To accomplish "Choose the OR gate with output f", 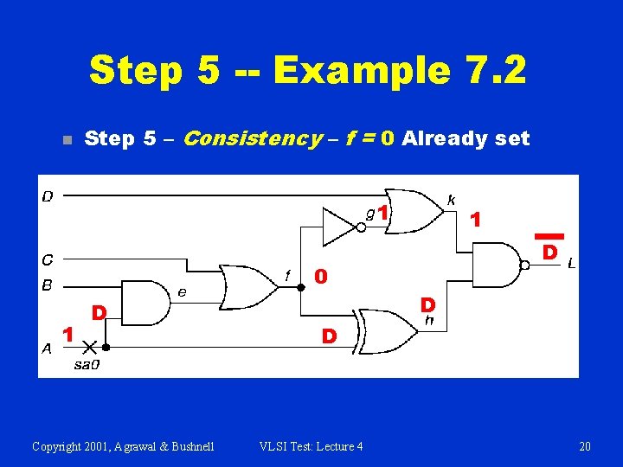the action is [x=246, y=286].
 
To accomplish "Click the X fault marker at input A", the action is [x=88, y=348].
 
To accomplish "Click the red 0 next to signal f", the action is [x=320, y=277].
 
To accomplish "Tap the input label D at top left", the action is [x=48, y=196].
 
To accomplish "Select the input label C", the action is [x=48, y=259].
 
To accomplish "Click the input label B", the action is [x=48, y=285].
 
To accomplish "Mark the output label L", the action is [x=572, y=264].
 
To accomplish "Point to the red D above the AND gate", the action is [x=100, y=311].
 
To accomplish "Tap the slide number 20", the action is [x=585, y=446].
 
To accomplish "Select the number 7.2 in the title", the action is [x=491, y=70].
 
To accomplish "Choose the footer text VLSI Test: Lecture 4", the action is [x=311, y=446].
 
